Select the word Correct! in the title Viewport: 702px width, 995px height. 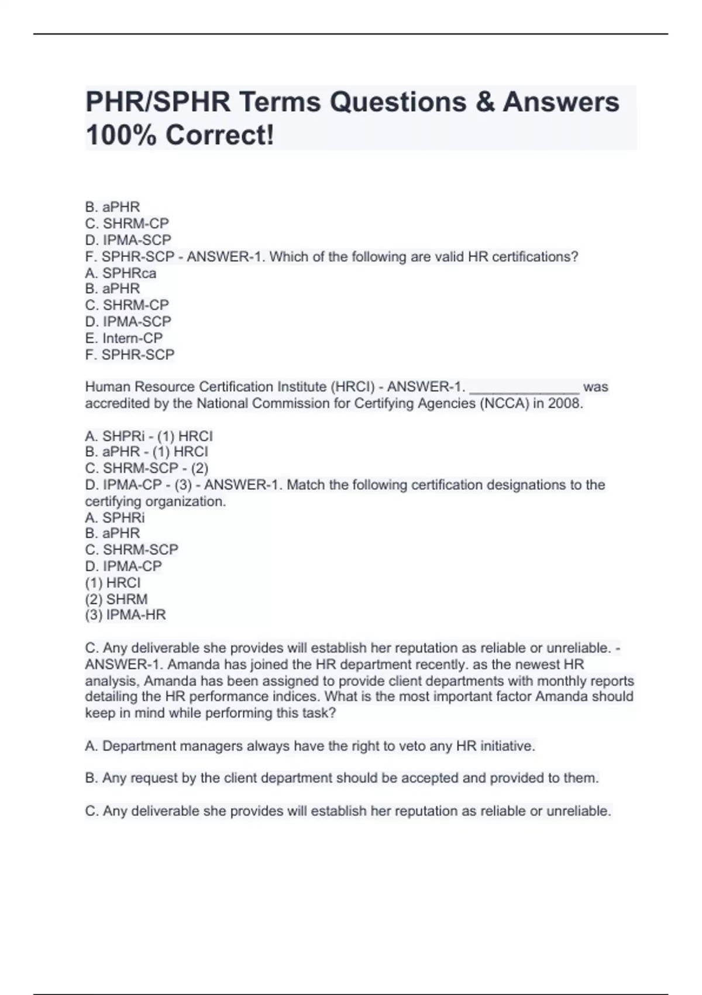219,136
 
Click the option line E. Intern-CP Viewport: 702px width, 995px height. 124,338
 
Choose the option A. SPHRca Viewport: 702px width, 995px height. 121,273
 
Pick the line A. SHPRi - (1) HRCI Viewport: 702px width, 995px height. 149,436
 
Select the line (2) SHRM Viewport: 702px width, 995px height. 116,599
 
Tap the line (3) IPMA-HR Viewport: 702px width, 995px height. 125,615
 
